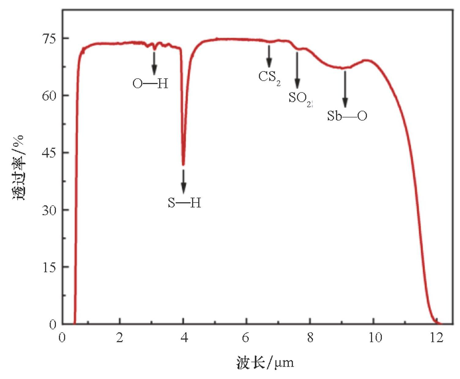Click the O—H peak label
click(150, 84)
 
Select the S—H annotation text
click(184, 203)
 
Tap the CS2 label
click(269, 77)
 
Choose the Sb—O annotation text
click(347, 116)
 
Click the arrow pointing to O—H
click(154, 63)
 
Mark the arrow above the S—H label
click(184, 182)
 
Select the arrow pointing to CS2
click(269, 56)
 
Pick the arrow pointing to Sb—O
click(345, 89)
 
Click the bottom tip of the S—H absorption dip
click(183, 165)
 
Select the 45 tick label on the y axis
click(49, 153)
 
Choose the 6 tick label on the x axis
click(246, 338)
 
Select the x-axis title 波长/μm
click(265, 363)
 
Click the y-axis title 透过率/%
click(18, 167)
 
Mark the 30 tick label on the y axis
click(49, 210)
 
